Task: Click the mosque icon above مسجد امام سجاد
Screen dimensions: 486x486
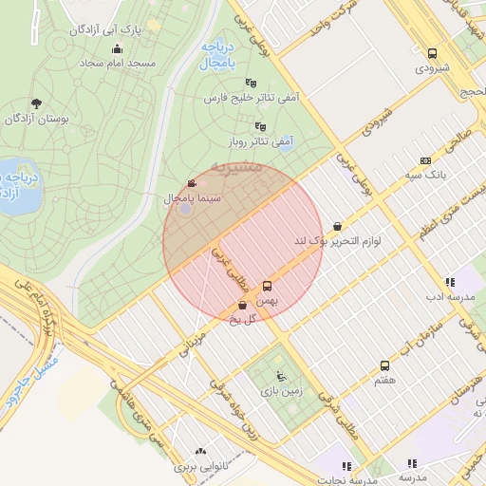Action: (117, 49)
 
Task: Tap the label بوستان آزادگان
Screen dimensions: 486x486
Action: (37, 119)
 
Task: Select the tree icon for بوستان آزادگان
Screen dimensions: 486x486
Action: (37, 103)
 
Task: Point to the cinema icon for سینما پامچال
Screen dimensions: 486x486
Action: (193, 183)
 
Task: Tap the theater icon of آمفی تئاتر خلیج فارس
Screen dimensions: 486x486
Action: (251, 84)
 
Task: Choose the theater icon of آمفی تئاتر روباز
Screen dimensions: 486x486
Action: (260, 126)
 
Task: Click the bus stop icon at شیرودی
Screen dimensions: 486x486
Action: (433, 54)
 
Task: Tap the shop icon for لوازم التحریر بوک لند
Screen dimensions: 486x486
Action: (339, 226)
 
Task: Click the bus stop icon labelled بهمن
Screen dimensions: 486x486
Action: (267, 286)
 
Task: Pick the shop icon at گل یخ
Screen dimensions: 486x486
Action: (243, 305)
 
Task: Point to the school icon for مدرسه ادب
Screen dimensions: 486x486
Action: (449, 283)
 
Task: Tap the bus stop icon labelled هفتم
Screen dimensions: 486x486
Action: (384, 365)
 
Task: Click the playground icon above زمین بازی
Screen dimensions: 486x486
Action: (278, 376)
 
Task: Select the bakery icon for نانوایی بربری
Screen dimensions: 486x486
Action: (199, 453)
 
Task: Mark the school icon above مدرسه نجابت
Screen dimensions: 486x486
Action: (346, 466)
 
